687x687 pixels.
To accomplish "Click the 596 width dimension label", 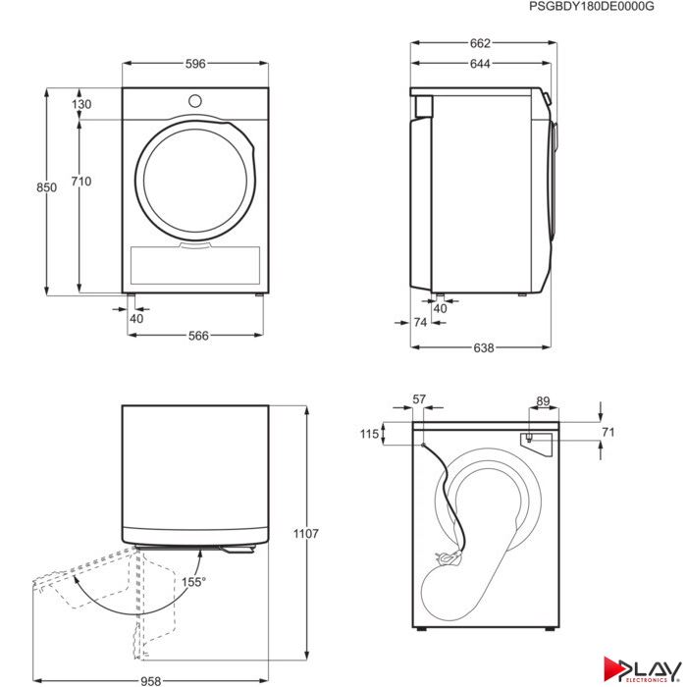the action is [195, 64].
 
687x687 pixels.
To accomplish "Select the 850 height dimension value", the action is [46, 187].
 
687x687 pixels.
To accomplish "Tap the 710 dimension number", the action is [81, 182].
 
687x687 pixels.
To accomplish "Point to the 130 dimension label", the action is [81, 104].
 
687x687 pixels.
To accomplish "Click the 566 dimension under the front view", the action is [198, 336].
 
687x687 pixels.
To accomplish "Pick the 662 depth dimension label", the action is [480, 43].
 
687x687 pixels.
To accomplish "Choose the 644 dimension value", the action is [480, 64].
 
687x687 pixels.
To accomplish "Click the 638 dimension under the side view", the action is [484, 347].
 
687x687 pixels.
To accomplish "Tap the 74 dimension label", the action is [420, 323].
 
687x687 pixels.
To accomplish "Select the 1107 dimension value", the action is [306, 534].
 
